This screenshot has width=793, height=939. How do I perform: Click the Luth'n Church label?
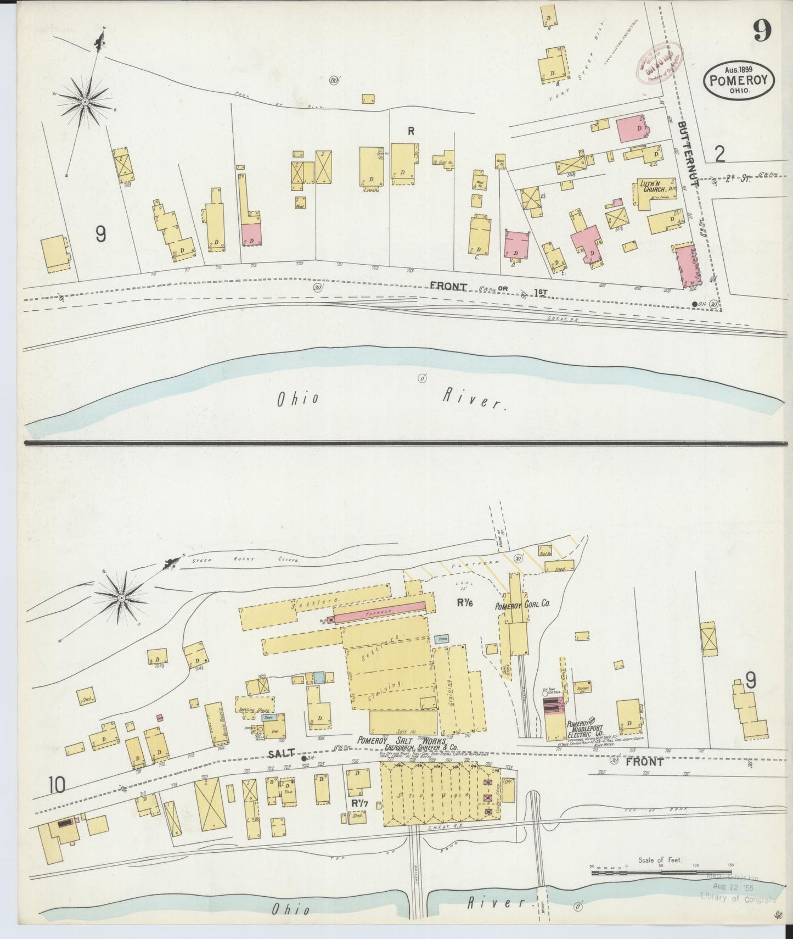point(651,188)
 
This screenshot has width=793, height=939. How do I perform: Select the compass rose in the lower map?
point(121,597)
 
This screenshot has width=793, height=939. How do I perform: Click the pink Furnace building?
point(379,611)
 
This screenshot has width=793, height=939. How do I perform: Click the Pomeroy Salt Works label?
point(392,740)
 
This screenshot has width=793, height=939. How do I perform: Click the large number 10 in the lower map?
point(56,786)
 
